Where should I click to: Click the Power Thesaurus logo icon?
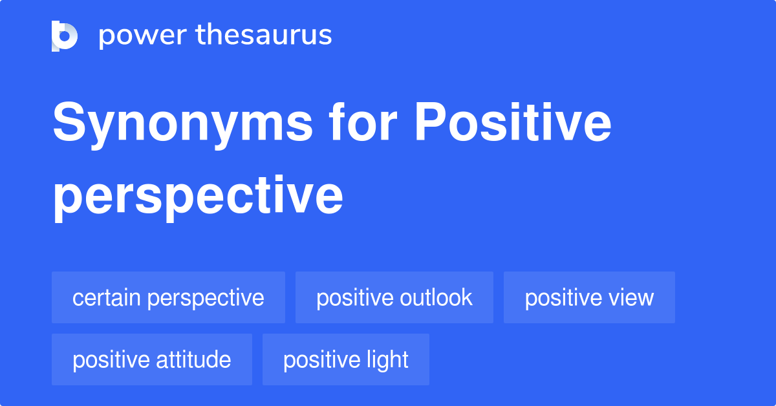[65, 36]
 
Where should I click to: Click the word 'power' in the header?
[143, 36]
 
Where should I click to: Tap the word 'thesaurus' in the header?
[264, 34]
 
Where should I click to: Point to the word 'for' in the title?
[363, 122]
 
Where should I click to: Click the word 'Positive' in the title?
[513, 122]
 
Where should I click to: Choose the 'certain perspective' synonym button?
[168, 297]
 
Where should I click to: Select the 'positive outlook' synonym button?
[394, 297]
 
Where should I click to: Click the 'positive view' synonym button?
[589, 297]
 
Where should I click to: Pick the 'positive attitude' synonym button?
[152, 359]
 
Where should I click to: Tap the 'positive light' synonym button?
[346, 359]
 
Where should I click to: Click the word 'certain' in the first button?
[106, 297]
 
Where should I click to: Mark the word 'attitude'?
[193, 359]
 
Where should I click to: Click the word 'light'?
[387, 361]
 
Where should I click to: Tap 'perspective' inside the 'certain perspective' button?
[206, 299]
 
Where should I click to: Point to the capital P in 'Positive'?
[429, 122]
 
